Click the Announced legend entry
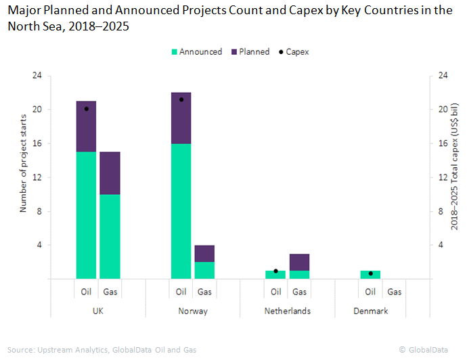pyautogui.click(x=197, y=51)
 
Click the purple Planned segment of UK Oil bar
pyautogui.click(x=86, y=127)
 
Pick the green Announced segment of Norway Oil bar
pyautogui.click(x=181, y=210)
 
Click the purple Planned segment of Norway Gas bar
pyautogui.click(x=204, y=253)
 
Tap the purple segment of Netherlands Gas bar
pyautogui.click(x=299, y=262)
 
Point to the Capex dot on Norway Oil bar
pyautogui.click(x=181, y=99)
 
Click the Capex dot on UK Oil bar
pyautogui.click(x=86, y=108)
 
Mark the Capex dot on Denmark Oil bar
pyautogui.click(x=370, y=273)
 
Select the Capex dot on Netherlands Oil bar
pyautogui.click(x=275, y=271)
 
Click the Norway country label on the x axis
pyautogui.click(x=193, y=311)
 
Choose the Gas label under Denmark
pyautogui.click(x=395, y=292)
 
